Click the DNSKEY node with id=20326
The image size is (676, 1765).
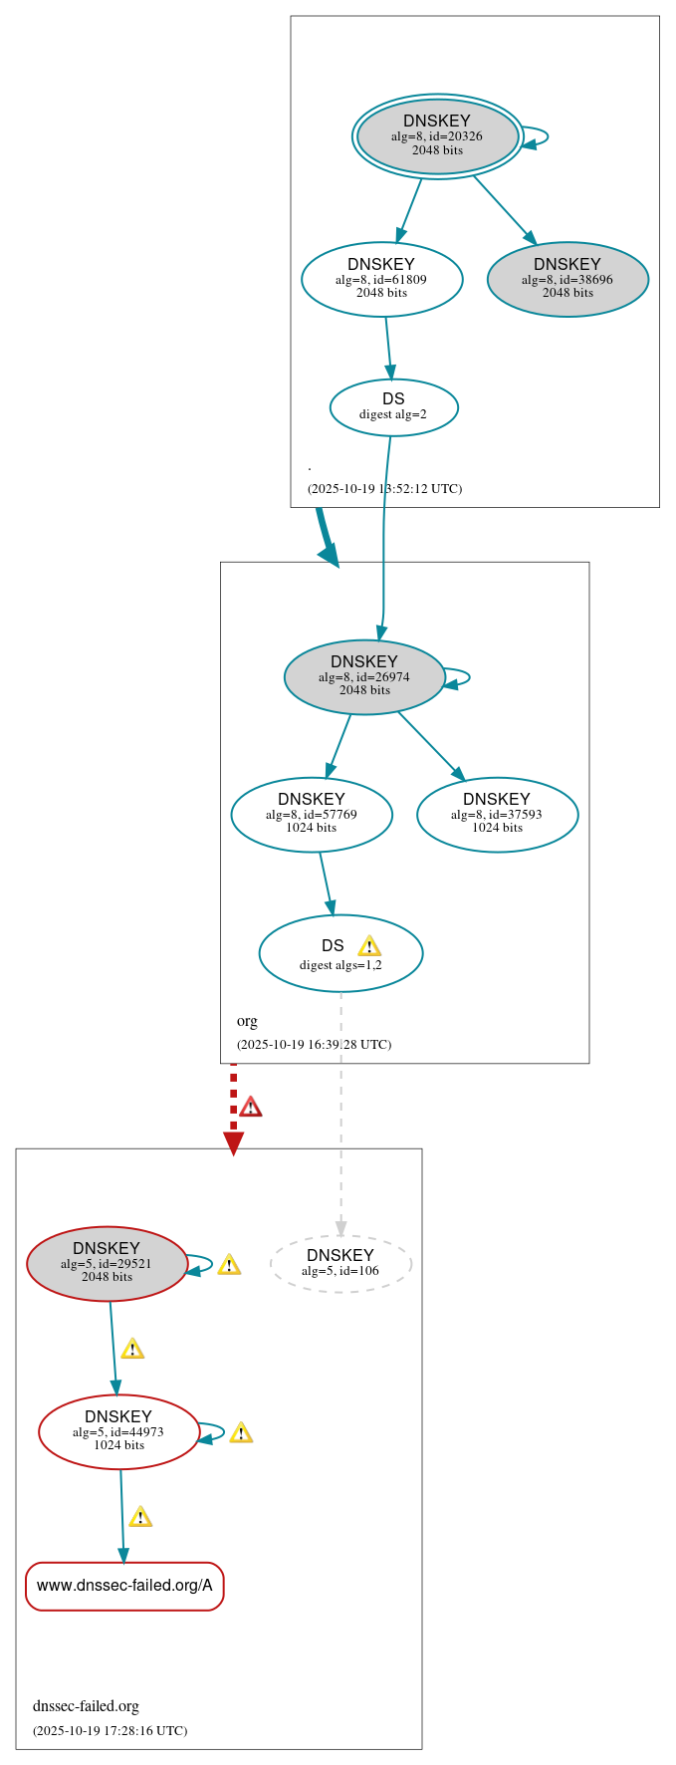point(437,136)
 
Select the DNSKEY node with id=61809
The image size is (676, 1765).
point(381,279)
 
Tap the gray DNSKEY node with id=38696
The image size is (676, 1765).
point(567,279)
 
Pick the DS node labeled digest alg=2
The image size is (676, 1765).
point(393,406)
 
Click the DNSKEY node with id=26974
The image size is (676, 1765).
point(364,676)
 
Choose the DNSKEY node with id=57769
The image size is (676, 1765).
point(312,814)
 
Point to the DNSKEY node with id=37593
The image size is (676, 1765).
point(497,814)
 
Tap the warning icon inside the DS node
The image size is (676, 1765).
point(369,946)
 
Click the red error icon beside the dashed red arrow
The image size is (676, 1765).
point(251,1107)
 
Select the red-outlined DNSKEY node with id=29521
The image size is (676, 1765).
point(107,1263)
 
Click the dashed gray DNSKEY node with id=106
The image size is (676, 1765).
point(340,1263)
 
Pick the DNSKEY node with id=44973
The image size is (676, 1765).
point(118,1431)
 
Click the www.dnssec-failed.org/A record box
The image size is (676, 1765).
point(124,1586)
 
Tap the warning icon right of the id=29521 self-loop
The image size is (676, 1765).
point(229,1265)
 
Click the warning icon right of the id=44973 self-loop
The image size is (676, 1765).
point(241,1433)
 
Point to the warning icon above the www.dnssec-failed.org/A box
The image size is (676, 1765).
point(140,1517)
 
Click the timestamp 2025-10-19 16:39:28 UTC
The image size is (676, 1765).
point(314,1045)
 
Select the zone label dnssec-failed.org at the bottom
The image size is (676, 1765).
point(86,1706)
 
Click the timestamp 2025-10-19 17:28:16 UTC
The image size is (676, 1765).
point(110,1731)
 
